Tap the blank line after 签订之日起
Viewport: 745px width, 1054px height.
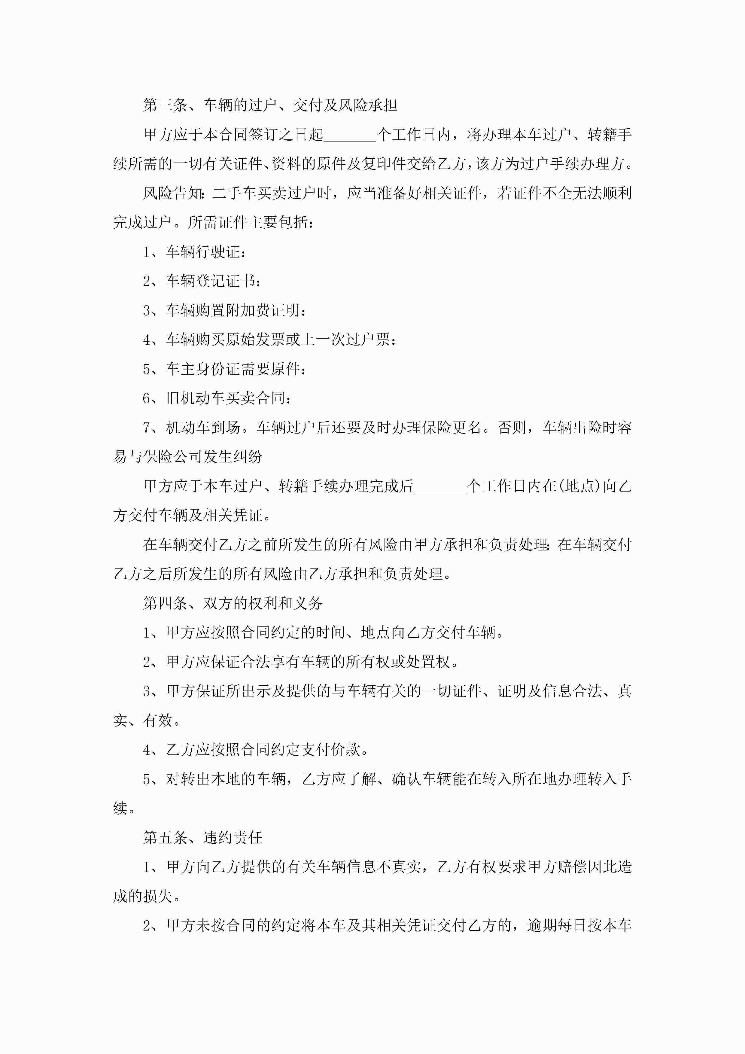click(350, 136)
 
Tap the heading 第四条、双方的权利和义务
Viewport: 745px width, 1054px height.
click(233, 603)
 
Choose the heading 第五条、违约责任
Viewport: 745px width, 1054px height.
click(202, 838)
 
